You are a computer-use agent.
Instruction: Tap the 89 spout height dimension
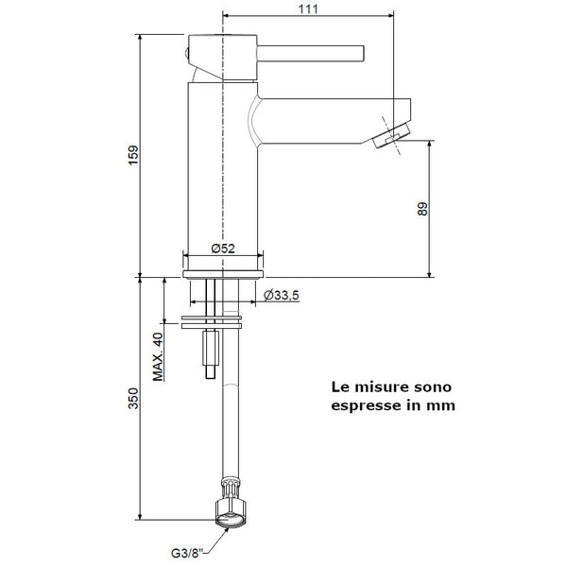coord(422,208)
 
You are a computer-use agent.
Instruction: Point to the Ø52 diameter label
coord(223,248)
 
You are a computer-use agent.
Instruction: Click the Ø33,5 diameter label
coord(282,295)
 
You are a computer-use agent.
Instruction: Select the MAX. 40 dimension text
coord(158,356)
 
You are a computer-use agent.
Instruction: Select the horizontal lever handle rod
coord(312,50)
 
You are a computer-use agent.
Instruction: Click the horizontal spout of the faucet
coord(331,118)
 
